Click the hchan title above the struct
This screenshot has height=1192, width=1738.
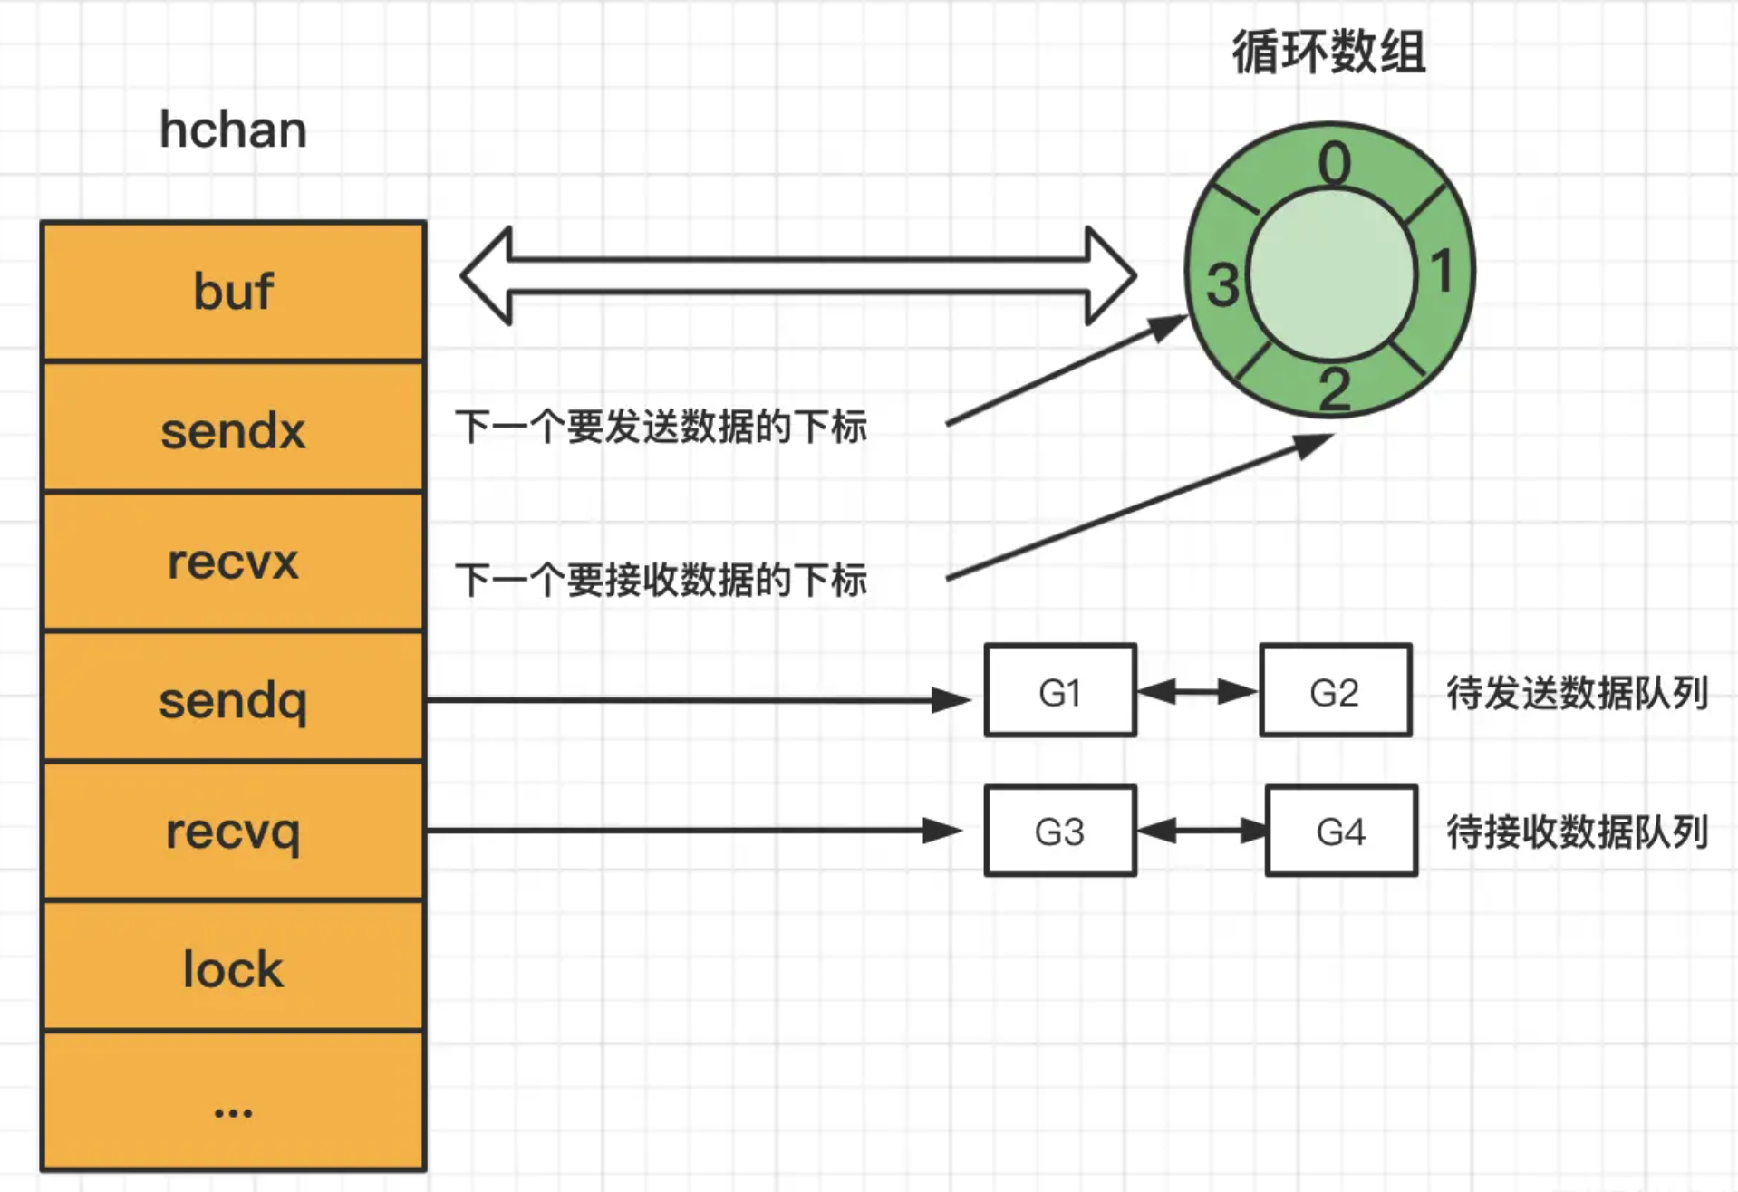(x=233, y=130)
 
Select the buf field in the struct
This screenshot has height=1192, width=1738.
(x=233, y=292)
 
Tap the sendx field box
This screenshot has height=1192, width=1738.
(x=233, y=428)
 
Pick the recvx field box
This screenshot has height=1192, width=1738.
(x=233, y=562)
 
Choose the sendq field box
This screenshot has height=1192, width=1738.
(x=233, y=698)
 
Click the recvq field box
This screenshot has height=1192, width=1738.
(x=233, y=832)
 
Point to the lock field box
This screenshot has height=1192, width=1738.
(x=233, y=967)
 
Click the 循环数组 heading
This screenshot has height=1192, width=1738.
(x=1328, y=52)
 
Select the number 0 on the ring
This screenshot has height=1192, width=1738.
(x=1334, y=164)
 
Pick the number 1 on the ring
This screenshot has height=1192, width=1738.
(x=1442, y=271)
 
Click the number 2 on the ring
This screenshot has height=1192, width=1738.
(x=1334, y=390)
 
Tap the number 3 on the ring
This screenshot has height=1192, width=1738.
(x=1221, y=284)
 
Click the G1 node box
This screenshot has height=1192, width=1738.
(x=1059, y=691)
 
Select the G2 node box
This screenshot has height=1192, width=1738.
(x=1335, y=691)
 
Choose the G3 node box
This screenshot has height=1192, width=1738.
(x=1059, y=831)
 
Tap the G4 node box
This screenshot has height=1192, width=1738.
(x=1340, y=831)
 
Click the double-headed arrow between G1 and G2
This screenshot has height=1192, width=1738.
(x=1197, y=692)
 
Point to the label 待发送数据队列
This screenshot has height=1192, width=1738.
(x=1577, y=693)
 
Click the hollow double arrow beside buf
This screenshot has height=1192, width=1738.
(x=797, y=275)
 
